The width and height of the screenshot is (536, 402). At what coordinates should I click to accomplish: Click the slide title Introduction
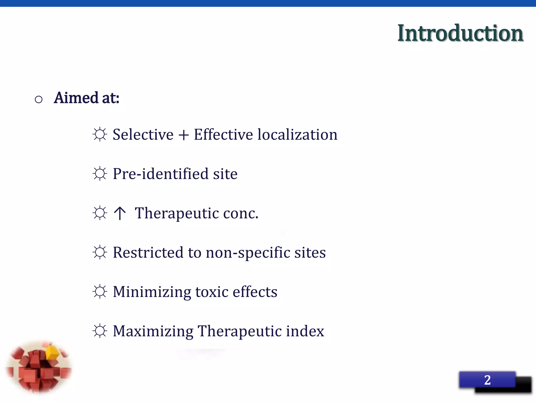tap(460, 33)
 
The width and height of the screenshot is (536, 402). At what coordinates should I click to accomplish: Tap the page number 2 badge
tap(487, 380)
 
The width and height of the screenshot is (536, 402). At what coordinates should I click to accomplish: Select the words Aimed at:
tap(86, 98)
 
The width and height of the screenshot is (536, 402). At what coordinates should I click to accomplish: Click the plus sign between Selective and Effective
tap(183, 135)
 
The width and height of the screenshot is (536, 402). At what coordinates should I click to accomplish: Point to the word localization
tap(297, 135)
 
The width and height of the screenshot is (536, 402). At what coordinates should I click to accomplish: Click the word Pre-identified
tap(160, 174)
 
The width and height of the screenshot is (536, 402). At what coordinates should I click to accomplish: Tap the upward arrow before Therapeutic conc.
tap(120, 213)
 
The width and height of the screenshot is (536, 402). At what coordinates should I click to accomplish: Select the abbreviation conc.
tap(241, 214)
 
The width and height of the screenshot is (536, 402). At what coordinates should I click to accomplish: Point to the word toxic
tap(212, 292)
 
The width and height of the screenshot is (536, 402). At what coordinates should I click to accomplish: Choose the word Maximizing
tap(153, 331)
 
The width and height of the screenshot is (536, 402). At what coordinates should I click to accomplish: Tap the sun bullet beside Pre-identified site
tap(100, 174)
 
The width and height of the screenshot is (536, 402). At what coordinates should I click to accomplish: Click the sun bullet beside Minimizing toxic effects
tap(100, 292)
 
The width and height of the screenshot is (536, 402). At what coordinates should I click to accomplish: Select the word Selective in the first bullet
tap(143, 135)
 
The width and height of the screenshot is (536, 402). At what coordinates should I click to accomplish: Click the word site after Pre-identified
tap(225, 174)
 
